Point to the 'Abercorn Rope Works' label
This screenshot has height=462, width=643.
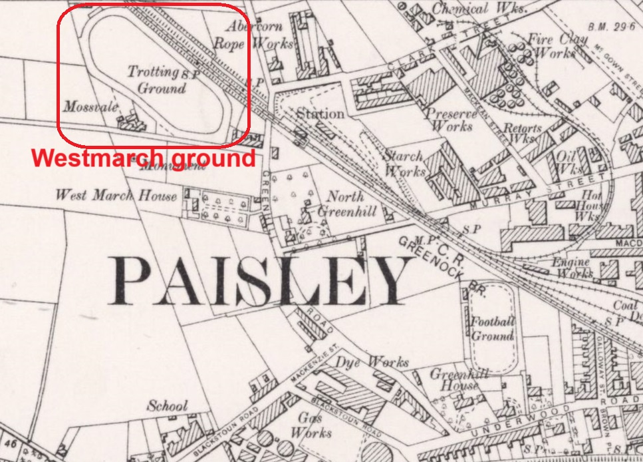pyautogui.click(x=253, y=35)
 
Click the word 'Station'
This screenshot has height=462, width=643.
pyautogui.click(x=321, y=114)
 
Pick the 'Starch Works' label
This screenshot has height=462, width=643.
pyautogui.click(x=404, y=164)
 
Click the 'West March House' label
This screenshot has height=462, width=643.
pyautogui.click(x=116, y=195)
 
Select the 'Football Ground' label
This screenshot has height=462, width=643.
pyautogui.click(x=493, y=329)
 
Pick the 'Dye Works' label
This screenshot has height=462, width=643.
pyautogui.click(x=371, y=362)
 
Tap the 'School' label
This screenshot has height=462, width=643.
pyautogui.click(x=168, y=405)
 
